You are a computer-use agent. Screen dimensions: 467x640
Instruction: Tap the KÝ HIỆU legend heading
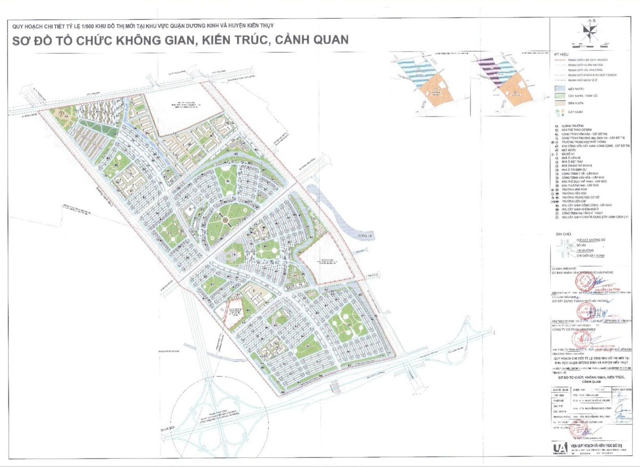click(x=562, y=55)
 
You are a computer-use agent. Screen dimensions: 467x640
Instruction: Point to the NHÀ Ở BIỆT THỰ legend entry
click(x=573, y=162)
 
